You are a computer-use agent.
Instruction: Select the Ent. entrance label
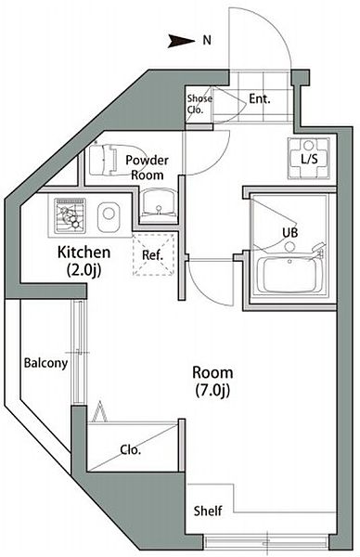[260, 98]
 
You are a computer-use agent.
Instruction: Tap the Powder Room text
[146, 166]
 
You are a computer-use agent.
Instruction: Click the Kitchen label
[84, 253]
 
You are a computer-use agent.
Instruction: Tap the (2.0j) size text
[84, 270]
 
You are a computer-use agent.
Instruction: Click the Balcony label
[45, 363]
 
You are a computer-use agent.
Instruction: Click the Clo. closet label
[132, 450]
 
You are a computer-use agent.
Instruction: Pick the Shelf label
[207, 511]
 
